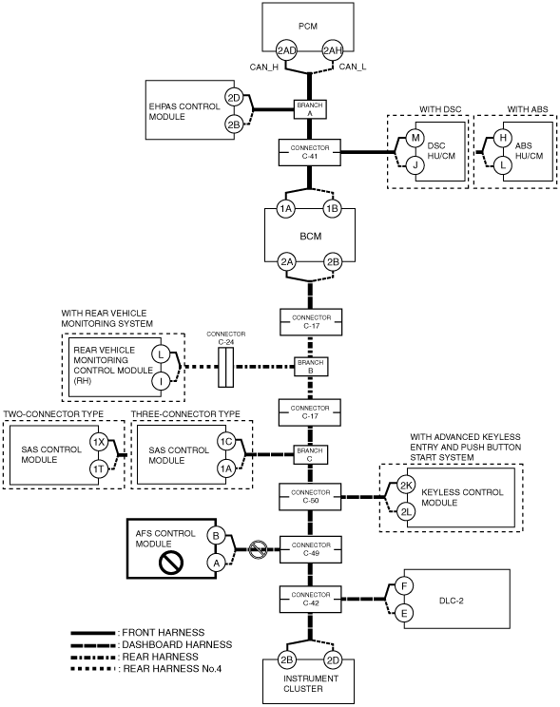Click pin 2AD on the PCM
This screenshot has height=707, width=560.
click(286, 50)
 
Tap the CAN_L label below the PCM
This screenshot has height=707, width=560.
click(353, 67)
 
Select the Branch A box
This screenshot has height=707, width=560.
click(310, 109)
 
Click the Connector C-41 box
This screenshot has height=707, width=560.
click(310, 152)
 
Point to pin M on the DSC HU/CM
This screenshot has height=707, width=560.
click(415, 138)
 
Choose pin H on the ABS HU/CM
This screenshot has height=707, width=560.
click(503, 138)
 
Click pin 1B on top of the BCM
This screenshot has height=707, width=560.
click(332, 209)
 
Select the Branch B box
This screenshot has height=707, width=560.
click(311, 367)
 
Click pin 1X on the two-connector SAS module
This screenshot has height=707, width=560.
click(98, 442)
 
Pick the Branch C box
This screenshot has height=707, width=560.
click(311, 454)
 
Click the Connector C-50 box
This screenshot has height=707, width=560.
click(310, 497)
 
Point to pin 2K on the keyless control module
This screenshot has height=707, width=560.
click(406, 486)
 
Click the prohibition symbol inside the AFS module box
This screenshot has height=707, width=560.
click(171, 563)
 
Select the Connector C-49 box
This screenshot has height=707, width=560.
click(311, 549)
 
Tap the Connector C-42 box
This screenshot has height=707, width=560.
click(311, 600)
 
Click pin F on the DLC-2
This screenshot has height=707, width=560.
click(404, 586)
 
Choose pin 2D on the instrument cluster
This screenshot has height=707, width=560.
click(333, 660)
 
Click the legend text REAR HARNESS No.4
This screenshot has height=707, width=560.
click(172, 669)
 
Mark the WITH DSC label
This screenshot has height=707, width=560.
click(440, 109)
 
